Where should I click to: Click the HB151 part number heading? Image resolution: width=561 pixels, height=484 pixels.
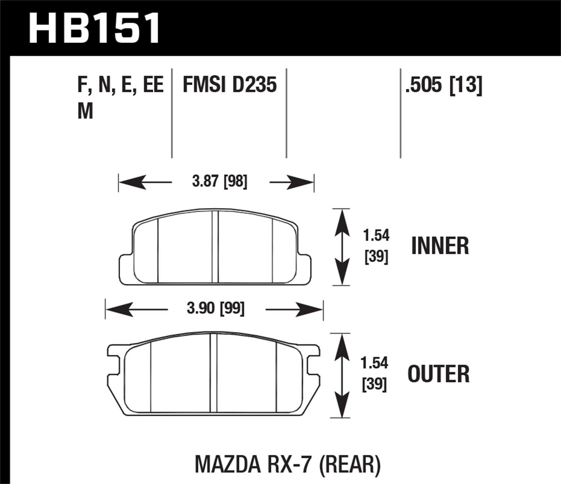pyautogui.click(x=94, y=28)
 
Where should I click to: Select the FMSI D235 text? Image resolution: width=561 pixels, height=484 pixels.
pyautogui.click(x=229, y=84)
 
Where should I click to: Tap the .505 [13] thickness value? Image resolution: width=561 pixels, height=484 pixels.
pyautogui.click(x=444, y=84)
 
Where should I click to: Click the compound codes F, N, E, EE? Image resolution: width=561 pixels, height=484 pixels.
pyautogui.click(x=120, y=84)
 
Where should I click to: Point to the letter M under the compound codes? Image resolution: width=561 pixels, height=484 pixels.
pyautogui.click(x=85, y=111)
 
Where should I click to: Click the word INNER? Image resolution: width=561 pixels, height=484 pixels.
pyautogui.click(x=440, y=246)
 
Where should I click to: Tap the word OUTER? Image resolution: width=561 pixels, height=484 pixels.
pyautogui.click(x=438, y=374)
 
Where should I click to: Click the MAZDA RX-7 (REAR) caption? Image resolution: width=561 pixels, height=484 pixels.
pyautogui.click(x=288, y=464)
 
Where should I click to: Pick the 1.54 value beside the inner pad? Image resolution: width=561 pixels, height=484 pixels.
pyautogui.click(x=376, y=235)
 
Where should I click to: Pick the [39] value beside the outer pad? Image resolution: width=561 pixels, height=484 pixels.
pyautogui.click(x=374, y=385)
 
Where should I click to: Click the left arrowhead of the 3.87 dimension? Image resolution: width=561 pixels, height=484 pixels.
pyautogui.click(x=129, y=183)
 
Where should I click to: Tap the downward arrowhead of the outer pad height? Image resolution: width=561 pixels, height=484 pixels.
pyautogui.click(x=341, y=409)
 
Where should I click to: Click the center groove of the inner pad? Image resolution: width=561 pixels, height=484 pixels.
pyautogui.click(x=215, y=246)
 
